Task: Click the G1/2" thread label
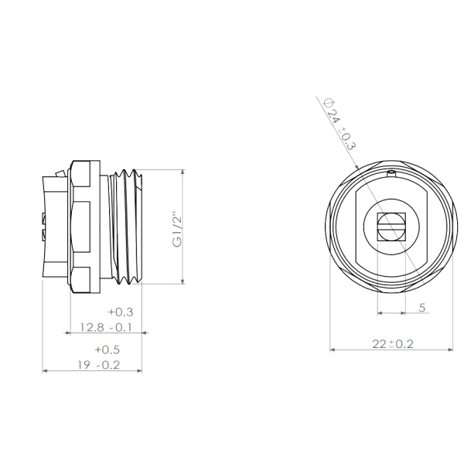(x=178, y=230)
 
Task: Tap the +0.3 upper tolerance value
(x=121, y=312)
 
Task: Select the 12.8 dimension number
(x=92, y=327)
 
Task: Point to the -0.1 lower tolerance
(x=121, y=327)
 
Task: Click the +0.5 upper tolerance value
(x=107, y=350)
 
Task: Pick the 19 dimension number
(x=84, y=365)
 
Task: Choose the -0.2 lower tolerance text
(x=108, y=365)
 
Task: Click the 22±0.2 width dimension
(x=393, y=344)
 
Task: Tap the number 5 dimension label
(x=422, y=308)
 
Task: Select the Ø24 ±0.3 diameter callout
(x=339, y=125)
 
